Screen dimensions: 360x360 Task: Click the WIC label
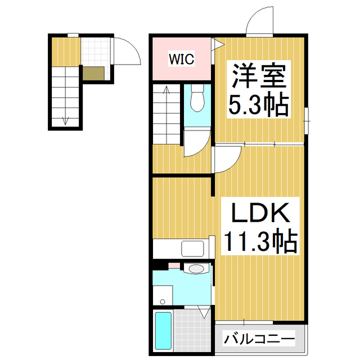point(180,57)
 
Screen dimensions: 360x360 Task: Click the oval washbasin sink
point(196,269)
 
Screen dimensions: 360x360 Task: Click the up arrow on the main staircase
point(166,90)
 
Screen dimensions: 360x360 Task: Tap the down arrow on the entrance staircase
point(65,119)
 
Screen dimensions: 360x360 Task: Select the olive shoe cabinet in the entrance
point(93,73)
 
